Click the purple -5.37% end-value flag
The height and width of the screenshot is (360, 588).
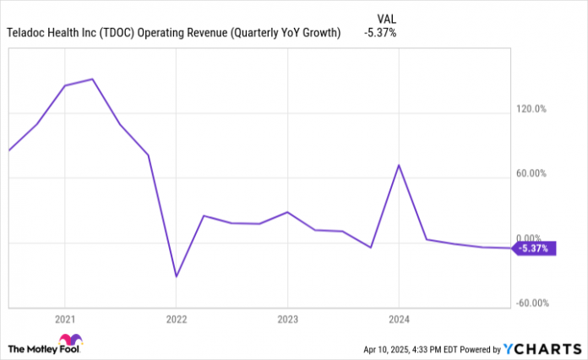point(535,248)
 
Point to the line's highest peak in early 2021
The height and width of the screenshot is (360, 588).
point(92,79)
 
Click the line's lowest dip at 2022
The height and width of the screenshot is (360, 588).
point(176,276)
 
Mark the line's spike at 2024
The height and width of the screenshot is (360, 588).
point(399,165)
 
